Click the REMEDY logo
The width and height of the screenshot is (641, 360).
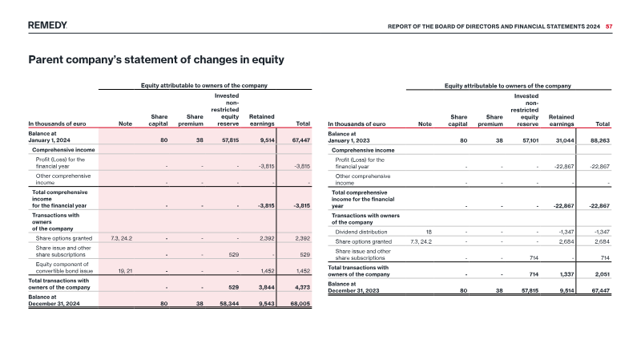coord(47,26)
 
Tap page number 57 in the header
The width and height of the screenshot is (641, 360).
coord(609,26)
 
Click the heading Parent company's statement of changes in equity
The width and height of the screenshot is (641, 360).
coord(156,59)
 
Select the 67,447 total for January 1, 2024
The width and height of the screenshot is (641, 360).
coord(301,140)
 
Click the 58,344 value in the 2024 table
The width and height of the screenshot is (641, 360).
coord(230,304)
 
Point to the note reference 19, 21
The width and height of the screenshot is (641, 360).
coord(125,271)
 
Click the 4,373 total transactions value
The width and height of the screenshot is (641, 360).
coord(302,287)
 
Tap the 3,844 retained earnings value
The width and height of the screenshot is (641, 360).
coord(267,287)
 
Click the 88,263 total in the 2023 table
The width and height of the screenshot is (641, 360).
coord(600,140)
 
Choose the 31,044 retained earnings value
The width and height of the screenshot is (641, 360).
coord(565,140)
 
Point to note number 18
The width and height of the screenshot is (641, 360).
coord(429,232)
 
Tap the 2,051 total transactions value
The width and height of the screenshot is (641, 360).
coord(602,274)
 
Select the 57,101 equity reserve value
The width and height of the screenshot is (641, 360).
coord(530,140)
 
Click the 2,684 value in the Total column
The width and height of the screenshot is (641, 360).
coord(602,242)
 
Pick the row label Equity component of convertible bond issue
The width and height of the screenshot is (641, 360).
coord(64,268)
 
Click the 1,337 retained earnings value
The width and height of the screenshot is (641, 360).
coord(566,274)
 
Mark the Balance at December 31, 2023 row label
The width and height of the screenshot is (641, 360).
coord(353,287)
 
